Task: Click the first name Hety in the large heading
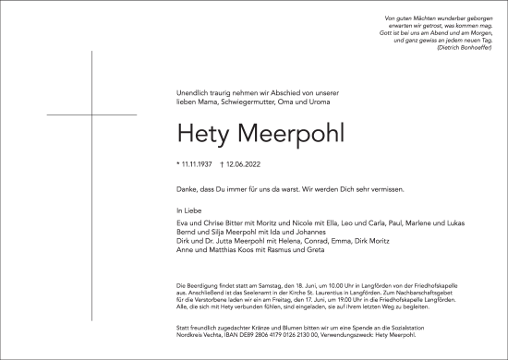[x=203, y=133]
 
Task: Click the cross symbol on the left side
[x=93, y=114]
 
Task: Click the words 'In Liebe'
[x=189, y=211]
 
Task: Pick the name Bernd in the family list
[x=187, y=234]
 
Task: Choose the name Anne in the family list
[x=186, y=253]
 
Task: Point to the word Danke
[x=187, y=188]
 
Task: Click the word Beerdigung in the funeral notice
[x=205, y=290]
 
